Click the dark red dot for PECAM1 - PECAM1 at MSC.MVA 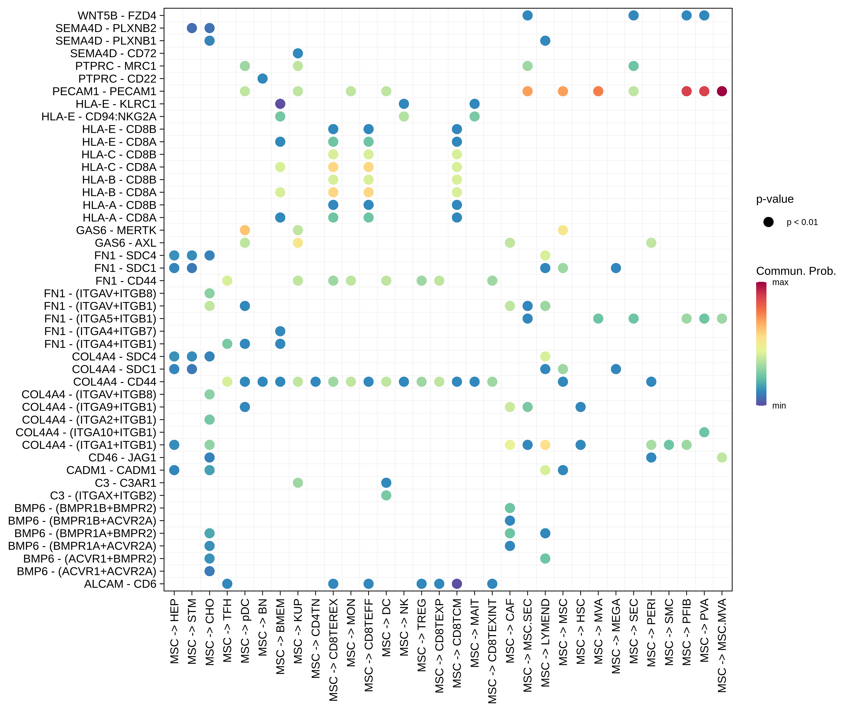(722, 91)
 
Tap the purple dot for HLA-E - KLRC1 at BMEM (280, 104)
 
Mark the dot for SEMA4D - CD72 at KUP (298, 53)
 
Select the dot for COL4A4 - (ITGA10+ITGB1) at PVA (704, 432)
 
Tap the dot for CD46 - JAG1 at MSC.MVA (722, 457)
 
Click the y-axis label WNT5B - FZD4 (117, 15)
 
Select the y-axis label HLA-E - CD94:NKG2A (99, 117)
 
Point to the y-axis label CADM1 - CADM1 (111, 470)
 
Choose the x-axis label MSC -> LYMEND (545, 643)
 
